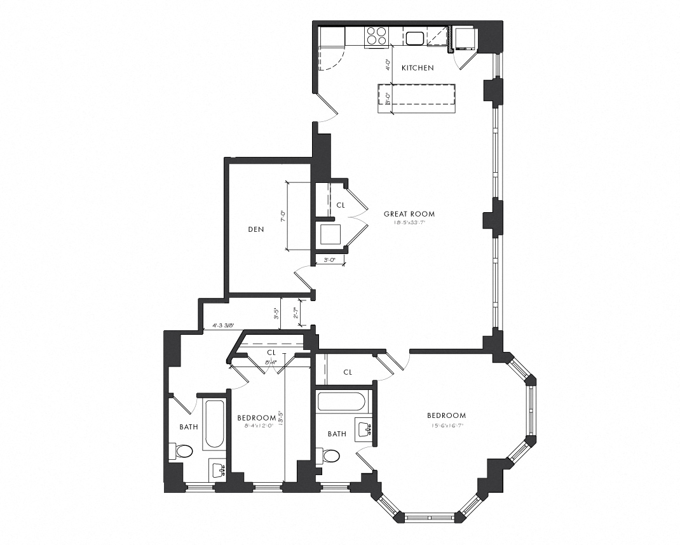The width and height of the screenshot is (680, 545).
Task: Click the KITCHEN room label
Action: [x=418, y=67]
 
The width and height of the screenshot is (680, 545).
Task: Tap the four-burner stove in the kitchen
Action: [x=376, y=36]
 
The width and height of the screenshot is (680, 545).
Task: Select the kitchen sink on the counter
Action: [x=416, y=38]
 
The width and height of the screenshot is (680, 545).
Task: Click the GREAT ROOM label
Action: [x=409, y=214]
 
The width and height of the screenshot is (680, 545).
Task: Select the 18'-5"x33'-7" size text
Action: [x=409, y=223]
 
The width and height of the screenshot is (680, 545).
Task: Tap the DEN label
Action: [x=255, y=229]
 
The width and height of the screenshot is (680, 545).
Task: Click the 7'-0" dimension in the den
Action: [x=283, y=216]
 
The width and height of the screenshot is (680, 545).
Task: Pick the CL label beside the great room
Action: [x=341, y=205]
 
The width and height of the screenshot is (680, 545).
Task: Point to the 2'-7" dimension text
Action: [x=295, y=314]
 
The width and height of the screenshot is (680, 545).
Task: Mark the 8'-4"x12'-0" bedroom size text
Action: [x=256, y=426]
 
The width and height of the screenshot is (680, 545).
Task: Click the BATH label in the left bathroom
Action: [x=188, y=427]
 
